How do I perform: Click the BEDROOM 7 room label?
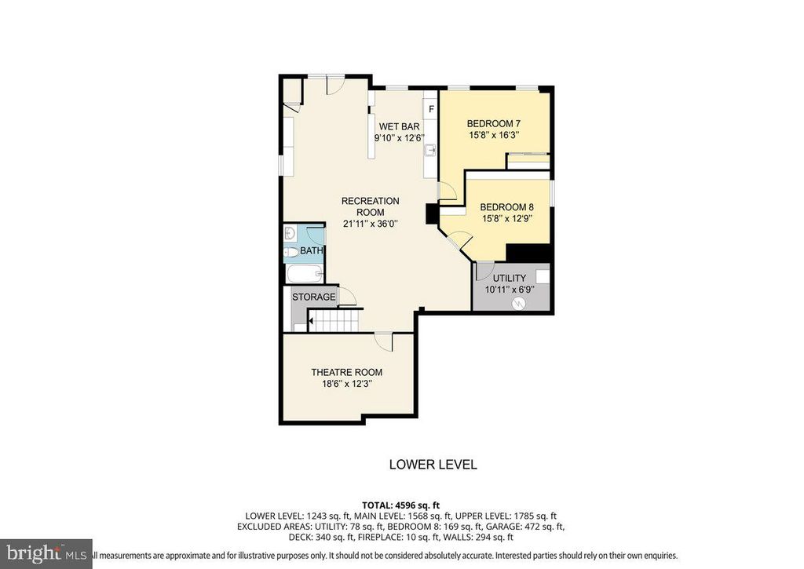[x=493, y=123]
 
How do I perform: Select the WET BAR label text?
[x=399, y=126]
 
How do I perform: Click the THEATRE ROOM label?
[x=346, y=372]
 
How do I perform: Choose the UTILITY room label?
[x=509, y=278]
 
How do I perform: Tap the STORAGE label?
[x=313, y=297]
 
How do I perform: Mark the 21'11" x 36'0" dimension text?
[x=370, y=224]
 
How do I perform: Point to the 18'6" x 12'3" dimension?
[x=346, y=384]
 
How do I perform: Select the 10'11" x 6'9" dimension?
[x=509, y=289]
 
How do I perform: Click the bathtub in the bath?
[x=303, y=275]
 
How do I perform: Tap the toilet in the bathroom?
[x=291, y=252]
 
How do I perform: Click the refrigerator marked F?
[x=431, y=108]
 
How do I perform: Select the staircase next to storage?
[x=334, y=320]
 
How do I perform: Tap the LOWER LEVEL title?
[x=433, y=465]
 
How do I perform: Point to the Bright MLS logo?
[x=46, y=553]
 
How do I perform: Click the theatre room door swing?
[x=383, y=341]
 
